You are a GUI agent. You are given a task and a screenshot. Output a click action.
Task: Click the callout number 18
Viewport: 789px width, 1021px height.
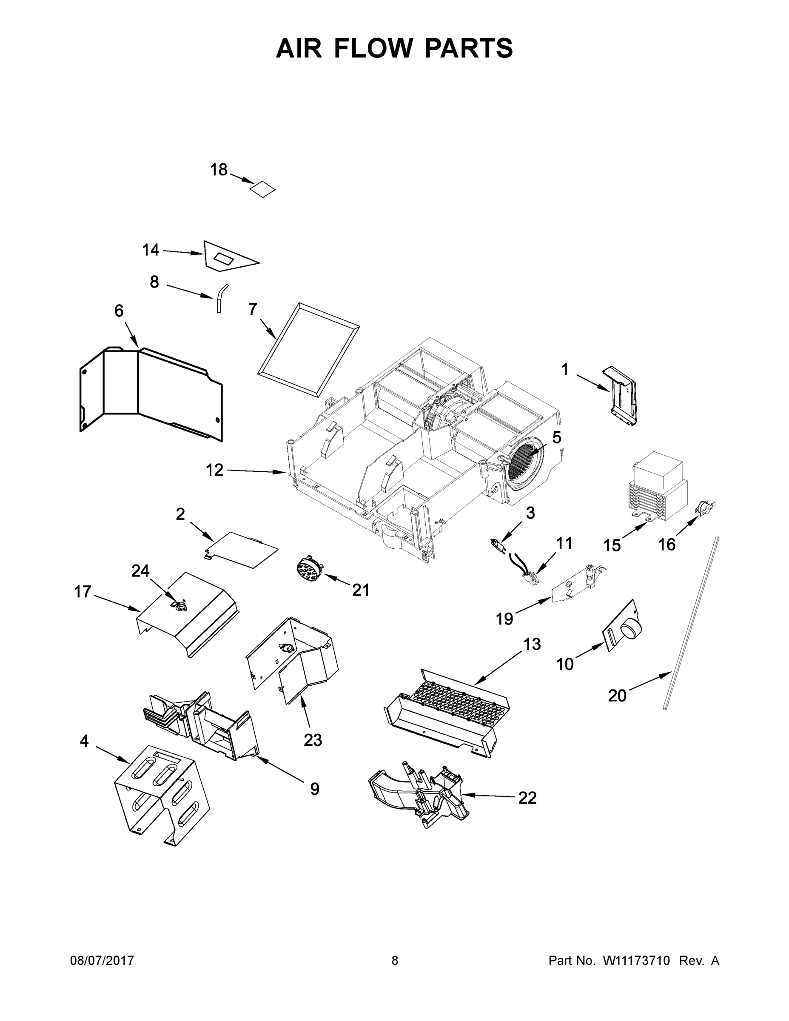(218, 170)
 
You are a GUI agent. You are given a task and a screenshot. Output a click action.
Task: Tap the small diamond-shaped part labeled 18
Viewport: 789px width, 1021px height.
(262, 189)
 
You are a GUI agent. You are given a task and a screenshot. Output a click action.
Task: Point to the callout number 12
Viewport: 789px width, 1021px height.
(214, 470)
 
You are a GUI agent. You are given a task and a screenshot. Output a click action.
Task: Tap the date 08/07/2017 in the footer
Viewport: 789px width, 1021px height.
(102, 961)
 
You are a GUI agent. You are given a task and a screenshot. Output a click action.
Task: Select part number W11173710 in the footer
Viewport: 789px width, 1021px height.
(636, 961)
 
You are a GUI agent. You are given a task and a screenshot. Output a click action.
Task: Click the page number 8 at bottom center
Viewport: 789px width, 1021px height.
(395, 961)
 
